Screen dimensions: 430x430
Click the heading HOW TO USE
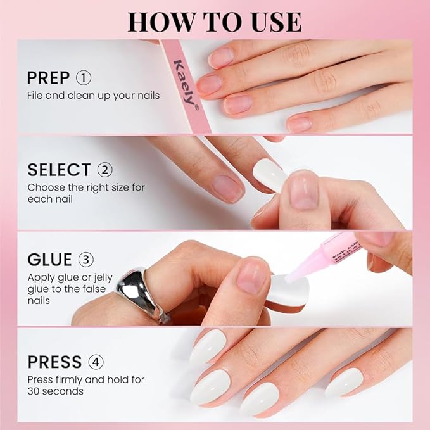click(214, 21)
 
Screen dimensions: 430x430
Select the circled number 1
click(84, 78)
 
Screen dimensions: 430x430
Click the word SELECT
click(59, 170)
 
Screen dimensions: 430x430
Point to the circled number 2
click(104, 170)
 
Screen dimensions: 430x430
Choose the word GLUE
click(50, 260)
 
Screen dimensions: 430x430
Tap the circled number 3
click(85, 260)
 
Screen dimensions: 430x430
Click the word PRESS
click(54, 362)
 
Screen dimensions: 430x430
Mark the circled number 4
click(96, 362)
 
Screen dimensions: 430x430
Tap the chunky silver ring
click(141, 291)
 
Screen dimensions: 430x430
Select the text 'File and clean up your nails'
click(93, 96)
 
